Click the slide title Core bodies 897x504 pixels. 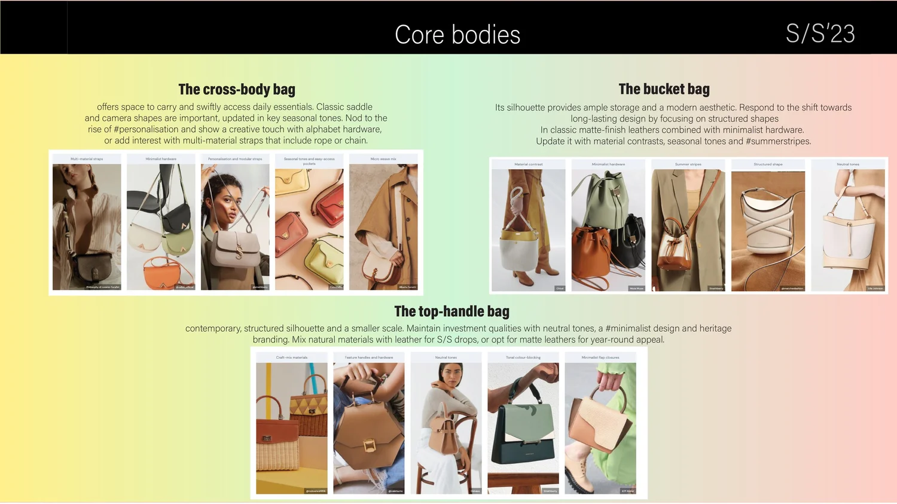pos(457,35)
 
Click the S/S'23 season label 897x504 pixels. pos(820,34)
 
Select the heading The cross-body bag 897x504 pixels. pos(237,90)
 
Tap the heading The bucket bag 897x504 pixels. pos(664,90)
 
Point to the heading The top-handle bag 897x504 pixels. pos(451,311)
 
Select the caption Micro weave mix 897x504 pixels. pos(383,159)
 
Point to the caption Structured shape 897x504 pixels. pos(768,164)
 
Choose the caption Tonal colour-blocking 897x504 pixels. pos(523,358)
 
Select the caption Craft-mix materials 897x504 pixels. pos(292,358)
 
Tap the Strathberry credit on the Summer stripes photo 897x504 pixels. pos(716,288)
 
